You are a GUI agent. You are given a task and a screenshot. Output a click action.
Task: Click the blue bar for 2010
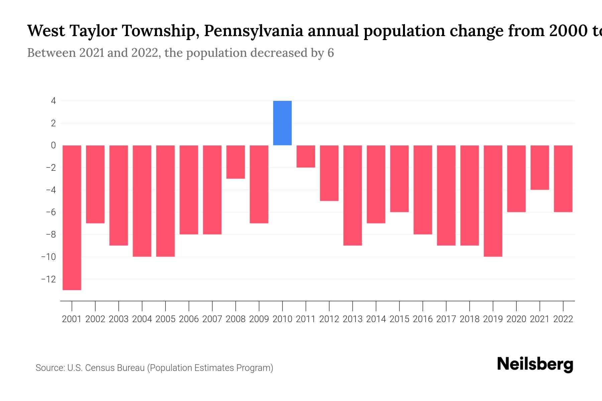click(x=282, y=123)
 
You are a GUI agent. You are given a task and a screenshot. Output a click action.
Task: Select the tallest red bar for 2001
click(x=72, y=217)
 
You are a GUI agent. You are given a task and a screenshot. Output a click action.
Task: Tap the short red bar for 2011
click(x=306, y=156)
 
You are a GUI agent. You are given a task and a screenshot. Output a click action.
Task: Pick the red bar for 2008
click(x=235, y=162)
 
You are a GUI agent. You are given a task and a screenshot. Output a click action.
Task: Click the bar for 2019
click(x=493, y=200)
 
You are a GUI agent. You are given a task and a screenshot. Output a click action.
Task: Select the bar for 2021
click(x=540, y=167)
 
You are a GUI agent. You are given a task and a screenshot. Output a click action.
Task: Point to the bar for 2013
click(x=353, y=195)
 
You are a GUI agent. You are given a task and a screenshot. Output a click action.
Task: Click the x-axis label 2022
click(x=563, y=319)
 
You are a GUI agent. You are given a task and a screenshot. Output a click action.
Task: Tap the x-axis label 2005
click(x=166, y=319)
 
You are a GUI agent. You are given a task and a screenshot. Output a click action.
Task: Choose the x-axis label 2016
click(x=423, y=319)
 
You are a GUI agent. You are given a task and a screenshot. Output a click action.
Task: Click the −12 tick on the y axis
click(x=48, y=279)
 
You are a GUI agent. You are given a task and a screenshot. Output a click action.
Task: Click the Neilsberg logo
click(x=535, y=365)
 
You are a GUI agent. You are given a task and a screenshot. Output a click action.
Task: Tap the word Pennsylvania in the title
click(x=254, y=31)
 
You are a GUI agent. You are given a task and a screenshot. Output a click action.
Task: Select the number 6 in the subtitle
click(x=330, y=53)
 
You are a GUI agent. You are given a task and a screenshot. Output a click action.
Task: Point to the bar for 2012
click(x=329, y=173)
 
